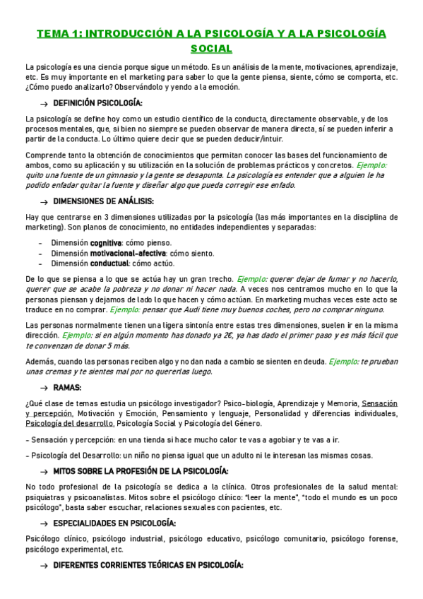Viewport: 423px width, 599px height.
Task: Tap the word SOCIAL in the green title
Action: (211, 48)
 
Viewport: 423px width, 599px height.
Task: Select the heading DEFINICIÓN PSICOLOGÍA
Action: (102, 103)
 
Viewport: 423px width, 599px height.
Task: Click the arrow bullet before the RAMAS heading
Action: (44, 388)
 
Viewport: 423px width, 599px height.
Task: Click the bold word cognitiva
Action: (106, 242)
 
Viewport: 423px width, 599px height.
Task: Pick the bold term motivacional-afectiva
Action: (128, 253)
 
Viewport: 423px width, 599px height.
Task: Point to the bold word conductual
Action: (109, 263)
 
